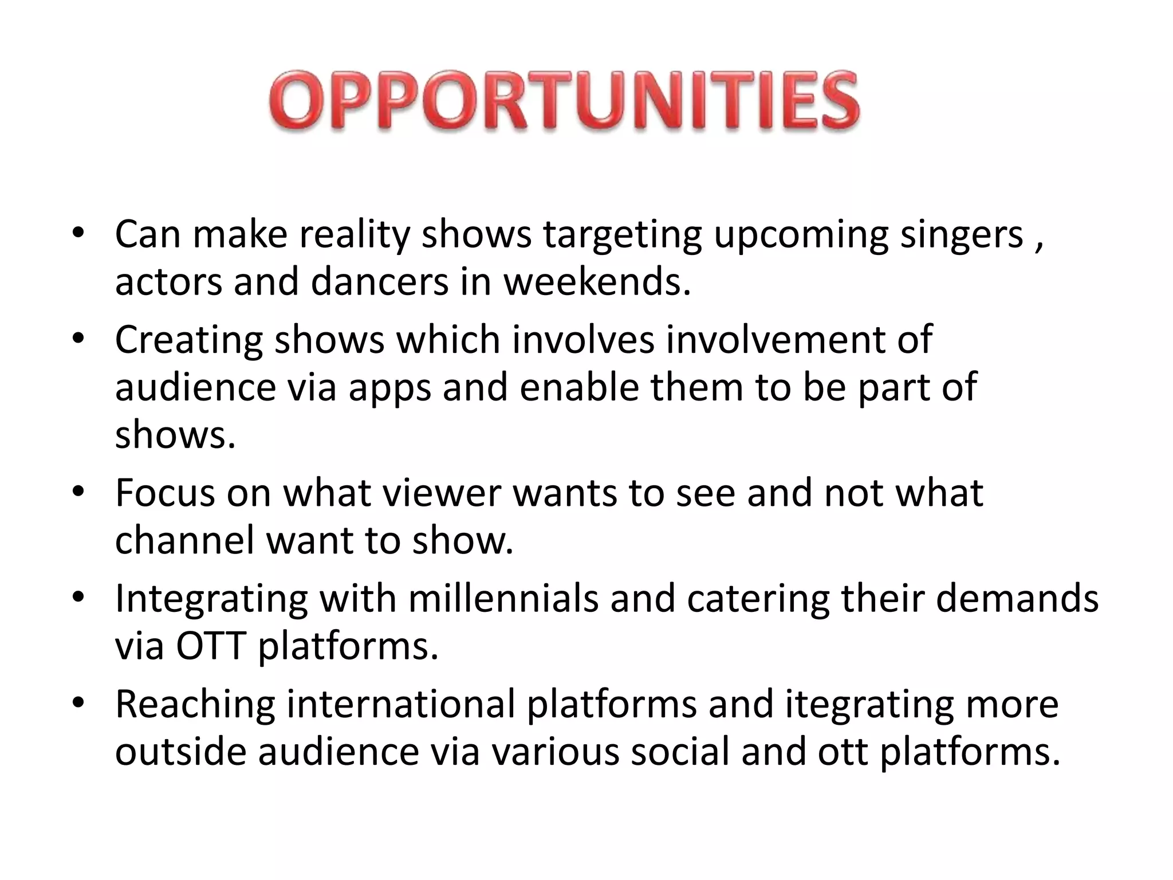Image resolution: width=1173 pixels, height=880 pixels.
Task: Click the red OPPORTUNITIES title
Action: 564,101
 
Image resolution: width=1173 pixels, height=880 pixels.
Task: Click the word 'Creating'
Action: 188,340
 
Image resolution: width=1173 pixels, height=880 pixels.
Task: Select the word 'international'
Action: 400,704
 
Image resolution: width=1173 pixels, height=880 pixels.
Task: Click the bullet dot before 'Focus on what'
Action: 78,492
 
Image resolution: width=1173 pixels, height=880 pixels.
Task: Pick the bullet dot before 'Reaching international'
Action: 78,704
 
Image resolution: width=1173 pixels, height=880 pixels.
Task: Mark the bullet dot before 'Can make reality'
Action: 78,234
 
